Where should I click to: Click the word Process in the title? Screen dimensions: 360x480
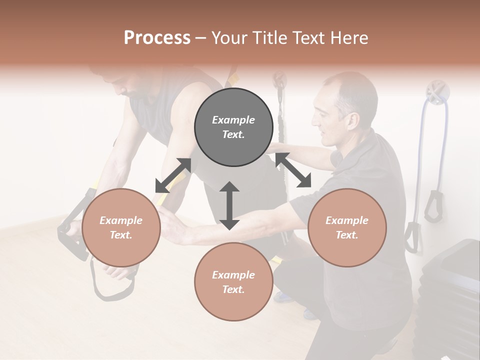157,38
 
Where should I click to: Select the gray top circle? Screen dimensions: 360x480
233,127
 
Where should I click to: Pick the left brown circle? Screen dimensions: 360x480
121,227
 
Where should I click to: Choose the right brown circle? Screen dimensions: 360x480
346,227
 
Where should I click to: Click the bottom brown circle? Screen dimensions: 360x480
233,281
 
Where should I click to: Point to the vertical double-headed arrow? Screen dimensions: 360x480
229,205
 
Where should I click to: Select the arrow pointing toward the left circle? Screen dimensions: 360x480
173,175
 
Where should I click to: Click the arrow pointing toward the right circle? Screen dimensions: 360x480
293,170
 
